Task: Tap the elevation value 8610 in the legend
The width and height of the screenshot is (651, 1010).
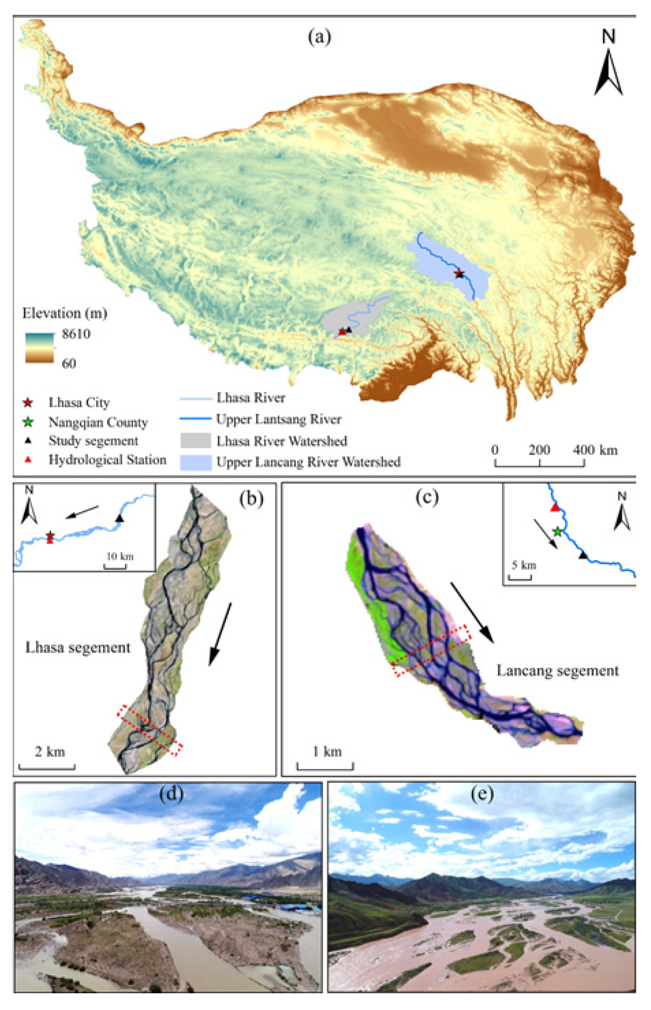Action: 76,334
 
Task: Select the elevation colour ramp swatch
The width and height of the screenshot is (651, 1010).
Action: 40,348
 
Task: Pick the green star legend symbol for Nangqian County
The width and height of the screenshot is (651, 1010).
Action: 28,422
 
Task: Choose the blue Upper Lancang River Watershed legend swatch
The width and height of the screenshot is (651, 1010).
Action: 196,462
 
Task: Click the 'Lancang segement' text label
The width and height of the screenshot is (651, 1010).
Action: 557,671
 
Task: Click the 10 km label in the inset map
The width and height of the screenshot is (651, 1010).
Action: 120,556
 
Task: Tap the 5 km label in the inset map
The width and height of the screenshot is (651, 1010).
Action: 524,565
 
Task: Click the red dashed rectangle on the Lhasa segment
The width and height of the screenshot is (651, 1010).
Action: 150,730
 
